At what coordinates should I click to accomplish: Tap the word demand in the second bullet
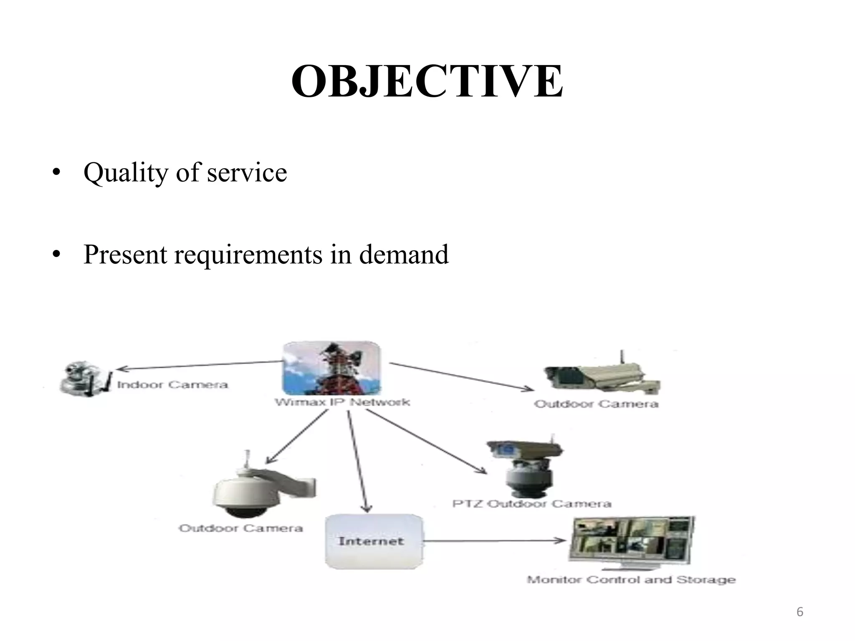[404, 255]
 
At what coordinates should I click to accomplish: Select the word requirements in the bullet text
[248, 255]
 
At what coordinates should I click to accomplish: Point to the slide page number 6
[800, 612]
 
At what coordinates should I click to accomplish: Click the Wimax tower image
[331, 369]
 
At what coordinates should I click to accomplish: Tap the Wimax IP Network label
[342, 402]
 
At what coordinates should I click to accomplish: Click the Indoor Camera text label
[172, 385]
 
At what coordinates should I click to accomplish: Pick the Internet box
[374, 542]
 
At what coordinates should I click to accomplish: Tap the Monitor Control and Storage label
[631, 580]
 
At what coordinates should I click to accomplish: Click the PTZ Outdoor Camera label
[532, 504]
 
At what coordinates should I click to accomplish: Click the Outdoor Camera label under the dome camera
[241, 528]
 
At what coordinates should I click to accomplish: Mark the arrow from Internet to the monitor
[495, 541]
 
